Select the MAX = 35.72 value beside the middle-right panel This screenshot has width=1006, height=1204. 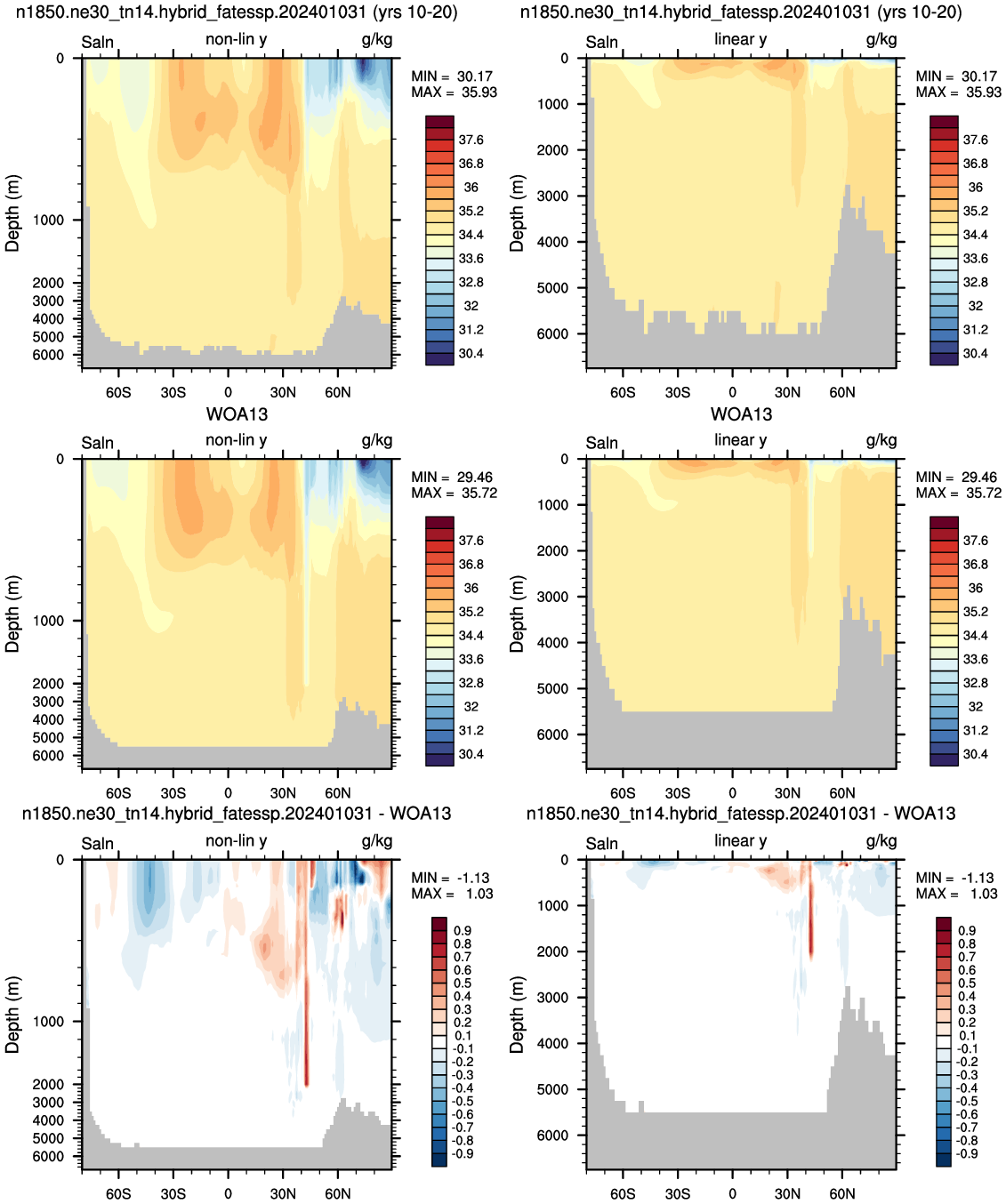click(958, 493)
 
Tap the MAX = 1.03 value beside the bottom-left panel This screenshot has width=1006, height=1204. click(452, 894)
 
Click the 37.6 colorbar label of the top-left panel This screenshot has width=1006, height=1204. click(471, 140)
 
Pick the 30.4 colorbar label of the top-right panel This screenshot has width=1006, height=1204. click(975, 354)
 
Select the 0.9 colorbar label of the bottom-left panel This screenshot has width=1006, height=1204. click(463, 930)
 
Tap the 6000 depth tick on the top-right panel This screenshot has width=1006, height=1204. click(552, 333)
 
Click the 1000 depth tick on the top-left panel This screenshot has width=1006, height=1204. click(48, 220)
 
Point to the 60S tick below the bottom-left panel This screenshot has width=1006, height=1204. click(118, 1193)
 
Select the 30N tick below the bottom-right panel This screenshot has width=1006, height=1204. click(787, 1193)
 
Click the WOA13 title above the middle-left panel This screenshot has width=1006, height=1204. click(237, 414)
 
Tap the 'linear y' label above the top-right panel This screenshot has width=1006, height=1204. click(740, 39)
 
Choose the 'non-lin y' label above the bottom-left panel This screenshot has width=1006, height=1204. click(236, 840)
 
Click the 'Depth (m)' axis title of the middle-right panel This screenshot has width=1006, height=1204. click(516, 614)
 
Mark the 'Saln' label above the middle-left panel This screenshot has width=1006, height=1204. click(97, 443)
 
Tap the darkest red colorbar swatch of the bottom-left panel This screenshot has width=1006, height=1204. click(439, 923)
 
